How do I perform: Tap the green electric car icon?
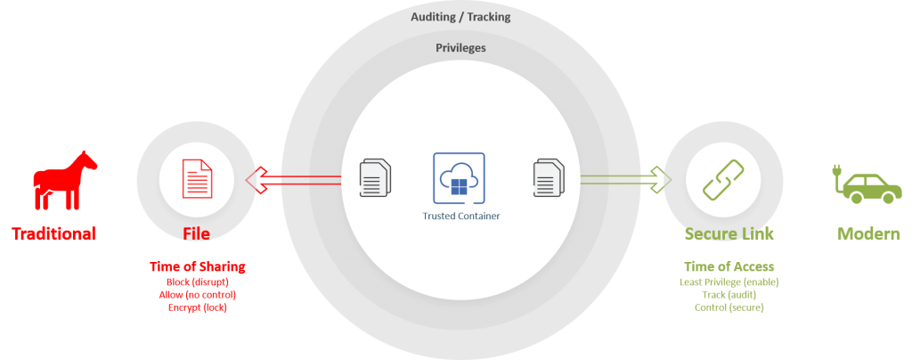[x=866, y=184]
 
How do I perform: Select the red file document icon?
[x=197, y=179]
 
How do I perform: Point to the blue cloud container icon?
[x=459, y=178]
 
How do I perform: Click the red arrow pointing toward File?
[x=293, y=180]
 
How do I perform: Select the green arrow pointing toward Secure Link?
[x=626, y=179]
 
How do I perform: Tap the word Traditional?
[x=54, y=233]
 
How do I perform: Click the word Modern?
[x=868, y=233]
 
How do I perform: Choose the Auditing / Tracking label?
[x=460, y=17]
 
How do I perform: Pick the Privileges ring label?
[x=460, y=48]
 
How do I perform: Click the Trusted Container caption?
[x=461, y=216]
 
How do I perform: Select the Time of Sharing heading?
[x=198, y=267]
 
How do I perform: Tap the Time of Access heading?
[x=729, y=267]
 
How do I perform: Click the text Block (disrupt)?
[x=198, y=282]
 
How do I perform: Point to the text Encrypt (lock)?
[x=198, y=307]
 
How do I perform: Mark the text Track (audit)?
[x=729, y=295]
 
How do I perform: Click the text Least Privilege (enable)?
[x=729, y=282]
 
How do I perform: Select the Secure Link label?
[x=729, y=233]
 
